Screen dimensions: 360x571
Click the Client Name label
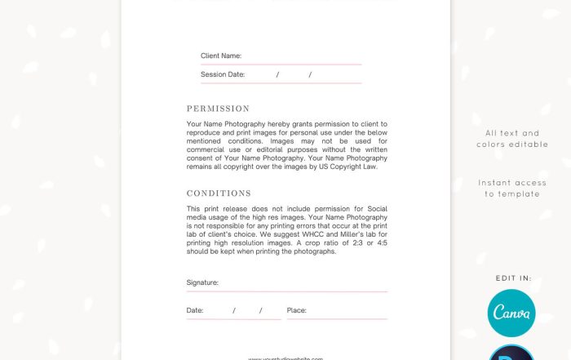tap(221, 56)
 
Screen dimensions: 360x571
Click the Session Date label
tap(223, 74)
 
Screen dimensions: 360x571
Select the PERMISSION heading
tap(218, 109)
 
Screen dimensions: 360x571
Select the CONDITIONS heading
tap(219, 193)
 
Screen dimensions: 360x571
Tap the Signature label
tap(202, 282)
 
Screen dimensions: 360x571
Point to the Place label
tap(296, 310)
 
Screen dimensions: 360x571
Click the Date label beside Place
tap(195, 310)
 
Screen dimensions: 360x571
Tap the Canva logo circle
tap(511, 313)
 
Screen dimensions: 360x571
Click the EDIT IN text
tap(513, 278)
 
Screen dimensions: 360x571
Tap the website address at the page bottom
tap(285, 358)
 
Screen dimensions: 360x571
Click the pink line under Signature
tap(287, 291)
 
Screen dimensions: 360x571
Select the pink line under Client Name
tap(281, 64)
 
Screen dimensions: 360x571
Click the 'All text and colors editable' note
tap(512, 139)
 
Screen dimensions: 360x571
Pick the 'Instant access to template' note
tap(512, 188)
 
